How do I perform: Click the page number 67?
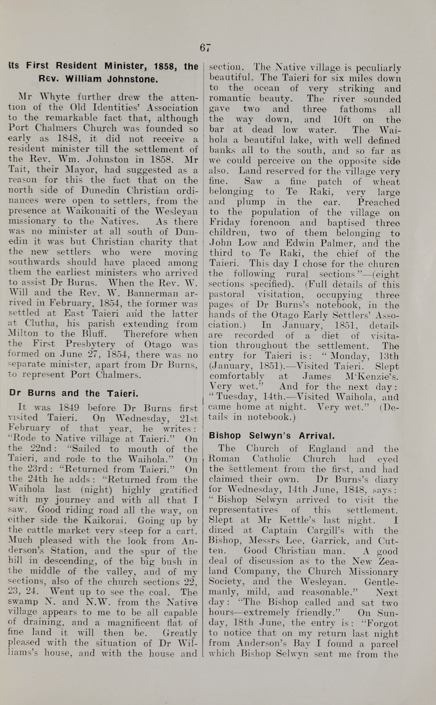click(205, 48)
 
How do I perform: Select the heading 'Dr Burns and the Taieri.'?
click(74, 393)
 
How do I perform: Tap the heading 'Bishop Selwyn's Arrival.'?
click(272, 436)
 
